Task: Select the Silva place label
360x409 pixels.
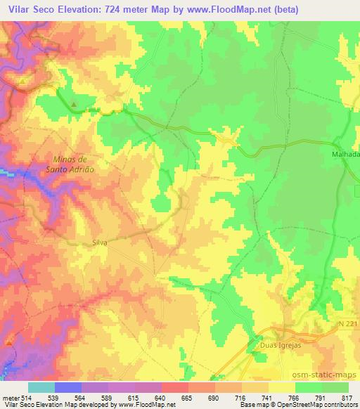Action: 100,242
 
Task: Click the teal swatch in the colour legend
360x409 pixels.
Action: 41,387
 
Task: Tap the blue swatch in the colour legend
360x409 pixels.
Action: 67,387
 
